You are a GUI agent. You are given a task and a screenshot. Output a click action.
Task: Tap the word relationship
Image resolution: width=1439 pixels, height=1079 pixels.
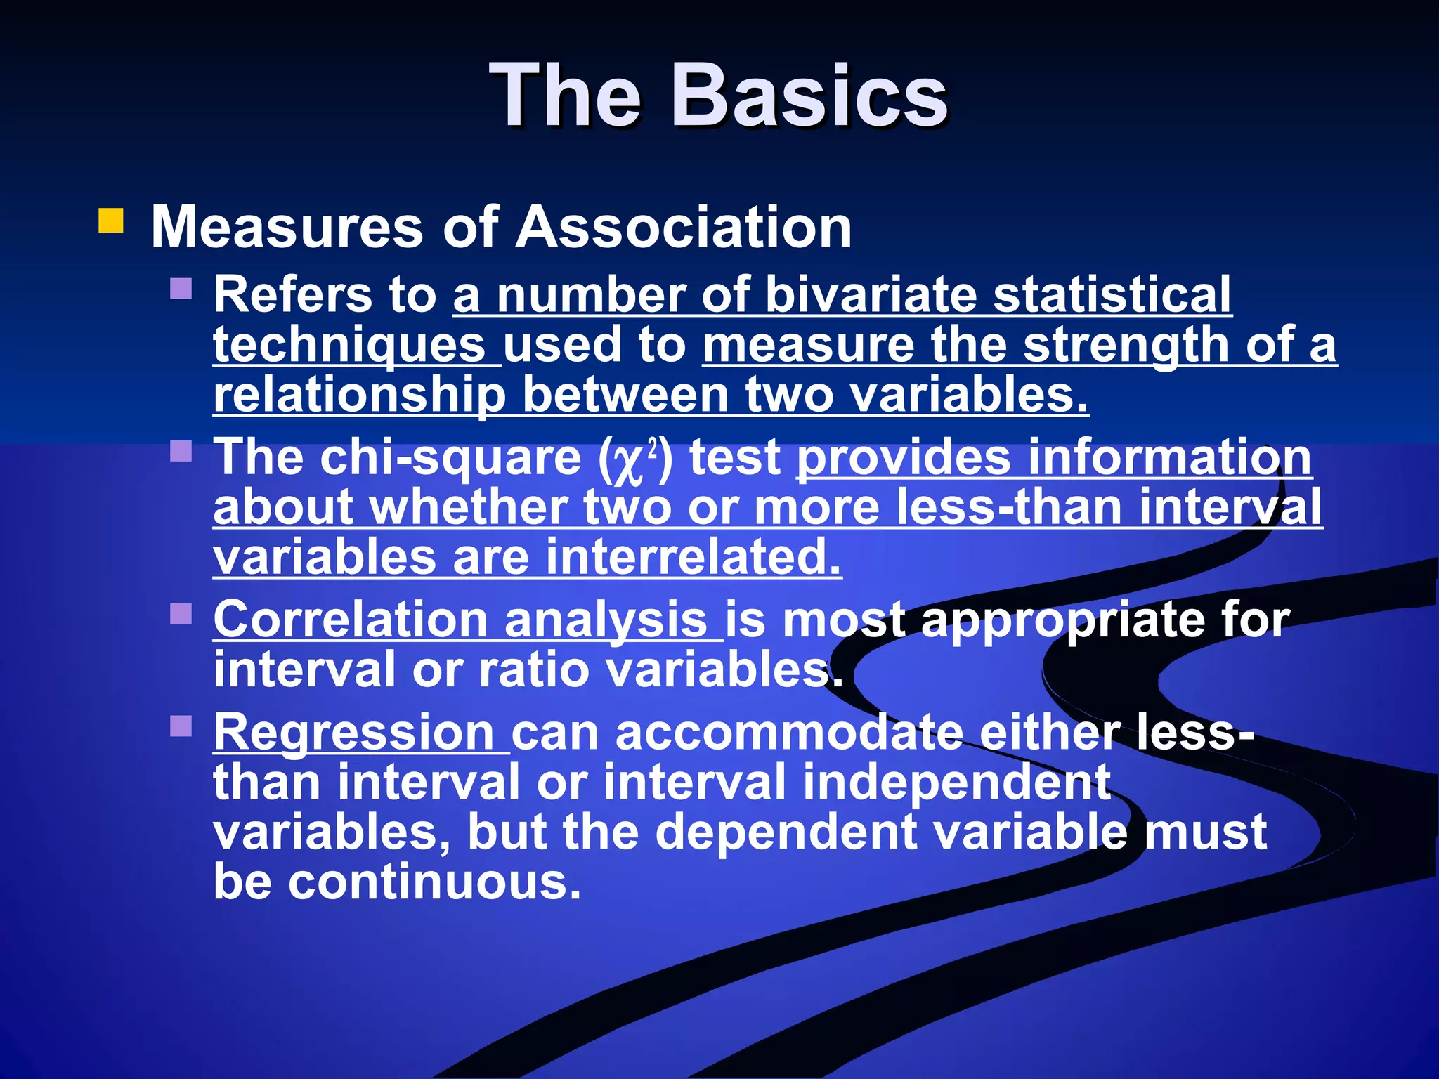pos(360,395)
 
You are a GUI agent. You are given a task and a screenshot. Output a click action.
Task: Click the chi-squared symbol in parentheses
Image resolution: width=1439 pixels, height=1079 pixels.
pos(635,459)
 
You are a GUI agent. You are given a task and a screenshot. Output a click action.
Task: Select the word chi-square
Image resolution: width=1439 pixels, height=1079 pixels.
pos(450,457)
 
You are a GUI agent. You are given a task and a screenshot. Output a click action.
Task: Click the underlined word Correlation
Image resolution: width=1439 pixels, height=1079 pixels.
pos(351,620)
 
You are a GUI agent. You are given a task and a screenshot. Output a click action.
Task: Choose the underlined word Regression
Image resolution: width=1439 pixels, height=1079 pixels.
pos(354,733)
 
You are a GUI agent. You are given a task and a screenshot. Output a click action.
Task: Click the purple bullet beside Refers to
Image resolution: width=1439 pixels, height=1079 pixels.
pos(181,289)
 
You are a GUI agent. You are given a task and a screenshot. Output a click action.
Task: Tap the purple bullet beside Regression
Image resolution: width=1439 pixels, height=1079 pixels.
pos(181,726)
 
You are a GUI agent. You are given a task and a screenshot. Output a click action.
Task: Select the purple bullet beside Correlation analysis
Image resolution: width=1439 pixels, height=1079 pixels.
pos(181,613)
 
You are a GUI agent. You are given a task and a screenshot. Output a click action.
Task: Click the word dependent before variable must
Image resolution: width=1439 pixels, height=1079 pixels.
pos(786,832)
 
